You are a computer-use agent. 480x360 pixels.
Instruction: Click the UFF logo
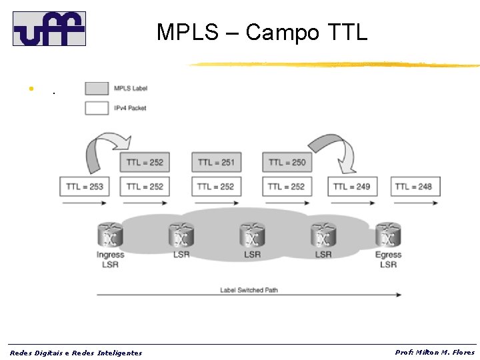[49, 29]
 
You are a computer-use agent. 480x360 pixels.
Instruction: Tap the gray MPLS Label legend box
[97, 88]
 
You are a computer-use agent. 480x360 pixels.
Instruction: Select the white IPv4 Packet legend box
[97, 107]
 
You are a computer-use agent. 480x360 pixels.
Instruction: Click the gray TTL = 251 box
[216, 162]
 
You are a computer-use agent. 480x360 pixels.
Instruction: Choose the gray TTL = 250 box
[288, 162]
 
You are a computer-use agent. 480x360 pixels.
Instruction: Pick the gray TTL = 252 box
[145, 162]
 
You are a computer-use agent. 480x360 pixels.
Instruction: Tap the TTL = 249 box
[351, 187]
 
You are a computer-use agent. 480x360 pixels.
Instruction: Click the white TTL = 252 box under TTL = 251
[216, 187]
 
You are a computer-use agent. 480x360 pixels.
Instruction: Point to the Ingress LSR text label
[110, 260]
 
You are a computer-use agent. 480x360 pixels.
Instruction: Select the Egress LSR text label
[388, 260]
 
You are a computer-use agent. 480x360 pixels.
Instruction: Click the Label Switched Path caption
[249, 290]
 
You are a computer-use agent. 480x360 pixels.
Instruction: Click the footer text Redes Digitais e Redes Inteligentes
[76, 353]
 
